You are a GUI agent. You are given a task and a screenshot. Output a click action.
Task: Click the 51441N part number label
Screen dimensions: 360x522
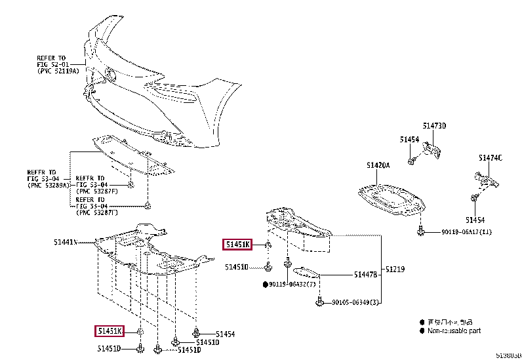pos(65,242)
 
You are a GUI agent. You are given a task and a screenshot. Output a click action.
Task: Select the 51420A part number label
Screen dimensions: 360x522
pos(378,165)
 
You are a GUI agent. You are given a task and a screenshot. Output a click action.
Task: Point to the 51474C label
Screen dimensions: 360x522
pos(490,157)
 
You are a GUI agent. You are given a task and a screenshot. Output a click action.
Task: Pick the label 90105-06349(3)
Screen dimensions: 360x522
pos(355,302)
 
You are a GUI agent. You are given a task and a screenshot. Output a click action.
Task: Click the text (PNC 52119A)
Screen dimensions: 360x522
pos(58,70)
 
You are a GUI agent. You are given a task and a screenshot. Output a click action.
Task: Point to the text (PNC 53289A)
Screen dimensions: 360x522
pos(47,186)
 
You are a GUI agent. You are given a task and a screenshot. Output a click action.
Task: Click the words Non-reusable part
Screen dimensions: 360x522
pos(454,331)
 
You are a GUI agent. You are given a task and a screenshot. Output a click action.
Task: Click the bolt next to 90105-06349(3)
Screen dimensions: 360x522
pos(319,302)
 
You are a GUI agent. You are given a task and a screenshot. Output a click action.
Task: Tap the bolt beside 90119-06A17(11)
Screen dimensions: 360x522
pos(420,231)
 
